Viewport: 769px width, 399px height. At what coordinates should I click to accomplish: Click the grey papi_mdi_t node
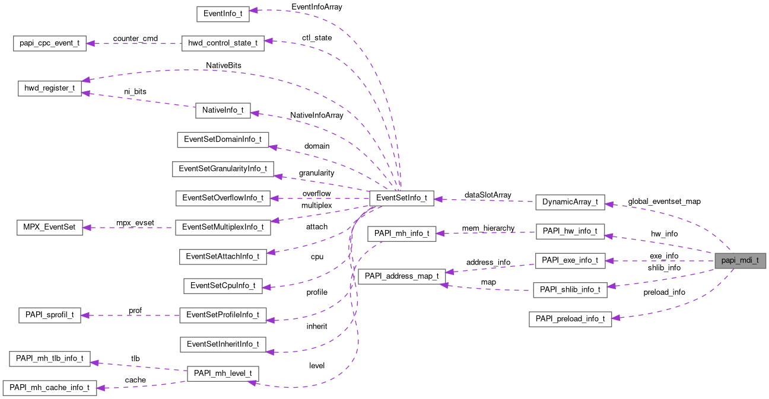pyautogui.click(x=740, y=261)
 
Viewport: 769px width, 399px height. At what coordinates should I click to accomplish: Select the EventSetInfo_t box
pyautogui.click(x=401, y=199)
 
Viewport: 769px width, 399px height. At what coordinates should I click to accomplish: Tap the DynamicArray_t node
pyautogui.click(x=570, y=202)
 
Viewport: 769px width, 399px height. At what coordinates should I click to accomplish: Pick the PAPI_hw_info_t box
pyautogui.click(x=570, y=231)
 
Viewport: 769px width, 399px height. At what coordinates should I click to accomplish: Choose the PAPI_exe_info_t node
pyautogui.click(x=570, y=260)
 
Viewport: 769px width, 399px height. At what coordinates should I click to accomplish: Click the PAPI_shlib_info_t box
pyautogui.click(x=570, y=290)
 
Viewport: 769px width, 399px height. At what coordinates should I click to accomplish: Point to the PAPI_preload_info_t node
pyautogui.click(x=570, y=319)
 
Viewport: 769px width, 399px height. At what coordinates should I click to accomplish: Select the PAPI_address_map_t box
pyautogui.click(x=402, y=276)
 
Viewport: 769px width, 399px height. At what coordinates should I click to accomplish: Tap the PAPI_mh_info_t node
pyautogui.click(x=402, y=234)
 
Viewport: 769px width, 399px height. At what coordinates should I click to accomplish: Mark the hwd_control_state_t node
pyautogui.click(x=223, y=44)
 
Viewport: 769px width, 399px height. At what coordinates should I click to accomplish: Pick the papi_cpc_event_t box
pyautogui.click(x=50, y=44)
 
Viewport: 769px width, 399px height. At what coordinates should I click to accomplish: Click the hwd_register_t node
pyautogui.click(x=49, y=88)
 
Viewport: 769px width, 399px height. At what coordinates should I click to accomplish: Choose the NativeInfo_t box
pyautogui.click(x=223, y=110)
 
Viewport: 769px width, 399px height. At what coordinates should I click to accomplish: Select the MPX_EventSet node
pyautogui.click(x=49, y=227)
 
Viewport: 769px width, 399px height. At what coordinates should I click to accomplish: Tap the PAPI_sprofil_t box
pyautogui.click(x=49, y=315)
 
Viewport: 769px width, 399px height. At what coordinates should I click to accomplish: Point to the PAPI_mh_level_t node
pyautogui.click(x=223, y=374)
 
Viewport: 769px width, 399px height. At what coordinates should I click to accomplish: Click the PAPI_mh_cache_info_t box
pyautogui.click(x=49, y=388)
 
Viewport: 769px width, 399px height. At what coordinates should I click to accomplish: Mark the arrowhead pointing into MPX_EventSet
pyautogui.click(x=87, y=227)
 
